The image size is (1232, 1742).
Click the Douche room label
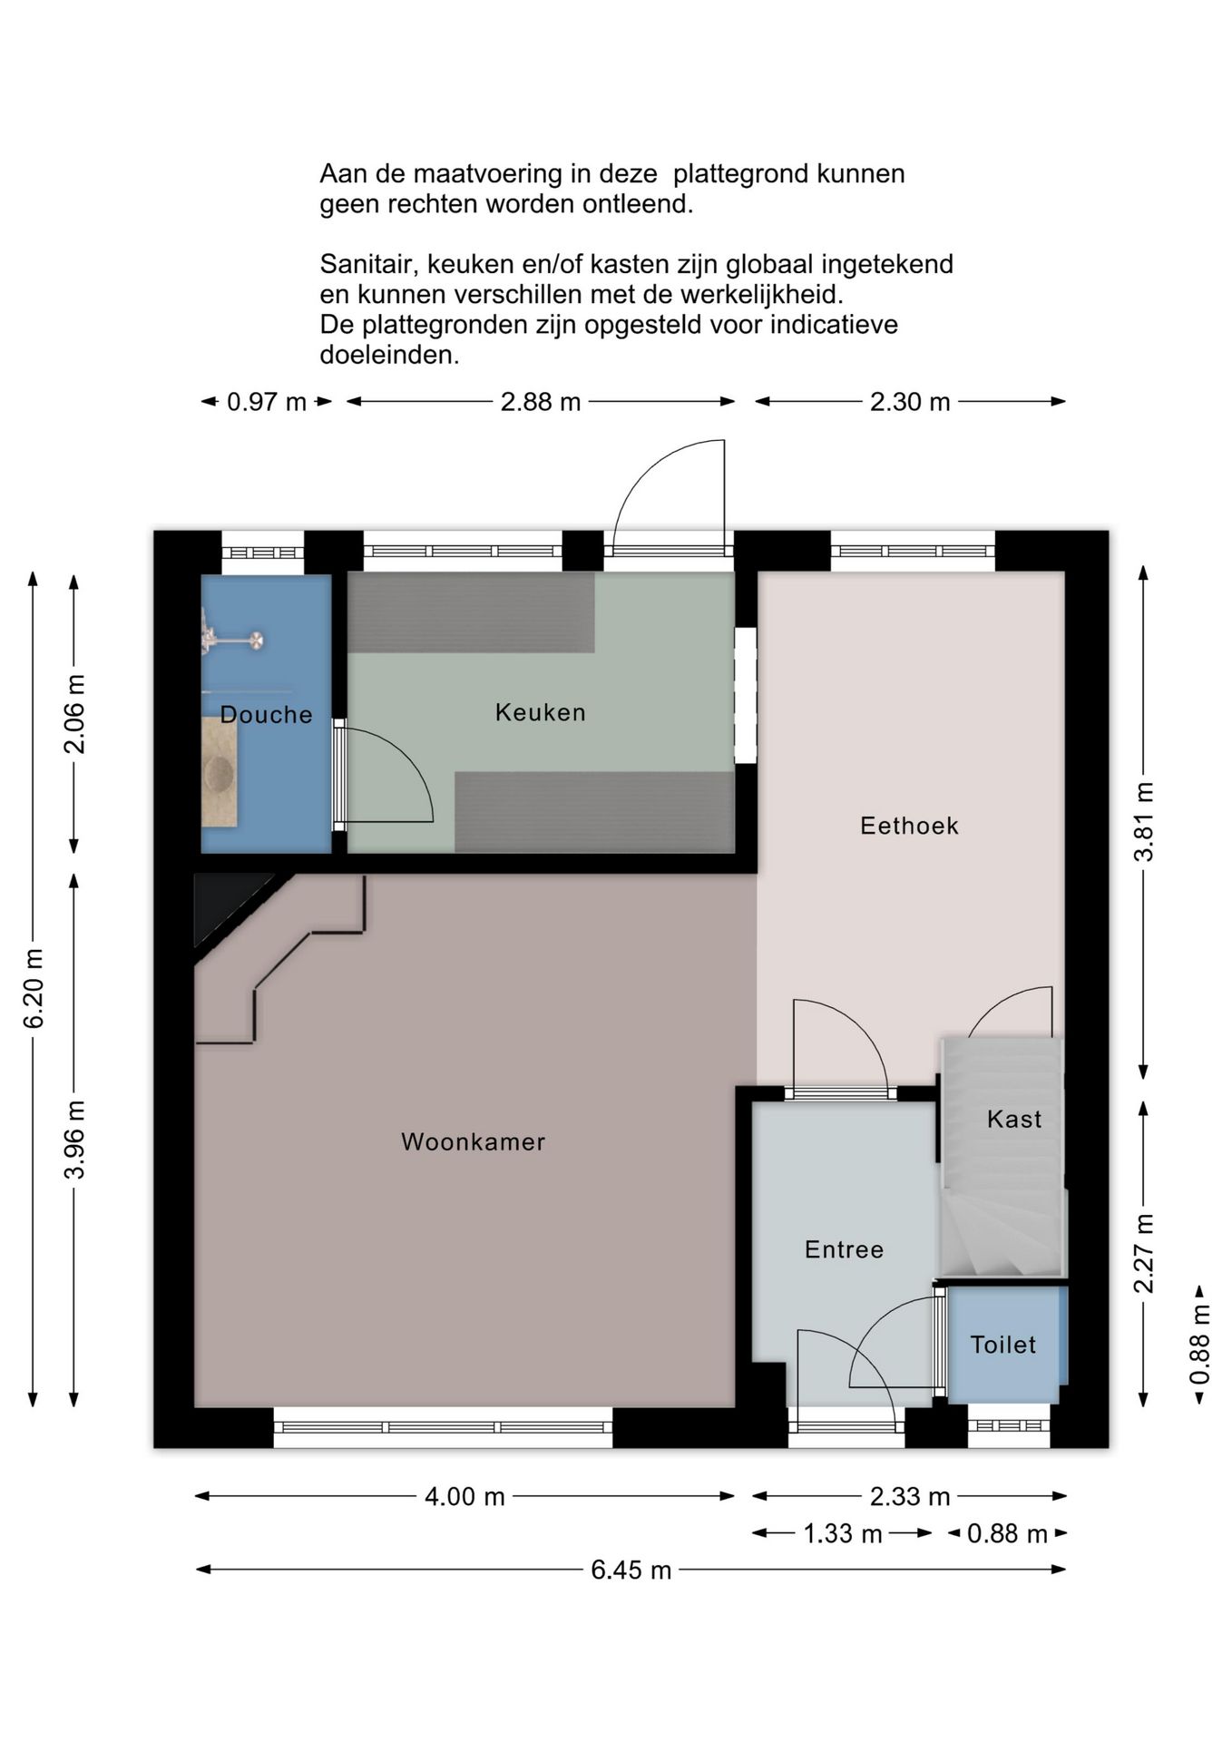pos(266,715)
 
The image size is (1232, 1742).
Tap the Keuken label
pos(541,712)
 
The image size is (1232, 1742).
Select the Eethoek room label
pos(909,826)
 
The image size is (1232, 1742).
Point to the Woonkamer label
pos(474,1141)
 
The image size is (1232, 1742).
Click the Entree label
pos(844,1249)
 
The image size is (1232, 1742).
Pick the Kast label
pos(1014,1119)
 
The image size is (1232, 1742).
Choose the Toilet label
pos(1003,1345)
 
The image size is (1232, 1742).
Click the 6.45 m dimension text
pos(631,1570)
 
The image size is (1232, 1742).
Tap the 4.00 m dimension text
pos(464,1496)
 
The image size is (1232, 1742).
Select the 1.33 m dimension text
pos(843,1533)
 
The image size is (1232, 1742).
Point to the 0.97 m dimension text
pos(267,401)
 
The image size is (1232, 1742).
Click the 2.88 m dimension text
pos(541,401)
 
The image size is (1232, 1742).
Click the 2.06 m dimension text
pos(74,714)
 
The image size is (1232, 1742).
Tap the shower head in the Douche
pos(257,641)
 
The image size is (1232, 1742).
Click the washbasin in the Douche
pos(219,772)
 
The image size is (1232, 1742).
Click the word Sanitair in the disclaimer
pos(369,265)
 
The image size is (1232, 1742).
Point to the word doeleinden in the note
pos(389,355)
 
